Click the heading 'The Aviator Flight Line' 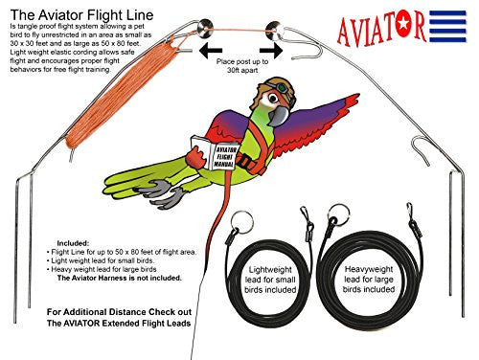80,11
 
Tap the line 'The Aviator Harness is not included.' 96,284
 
